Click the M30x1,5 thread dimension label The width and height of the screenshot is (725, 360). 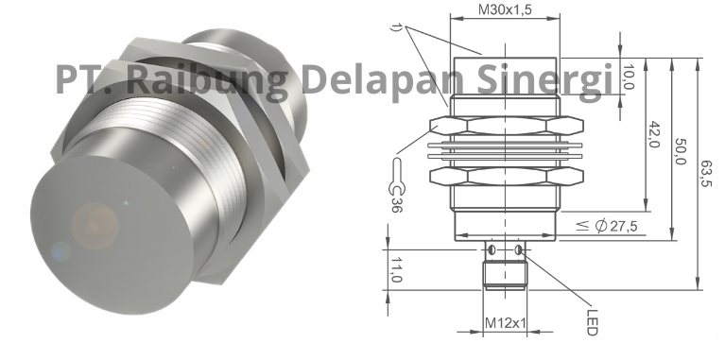506,9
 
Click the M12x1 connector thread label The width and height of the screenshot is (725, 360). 505,323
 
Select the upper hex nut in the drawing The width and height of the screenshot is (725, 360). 506,126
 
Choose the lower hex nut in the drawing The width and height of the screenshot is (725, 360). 506,176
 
